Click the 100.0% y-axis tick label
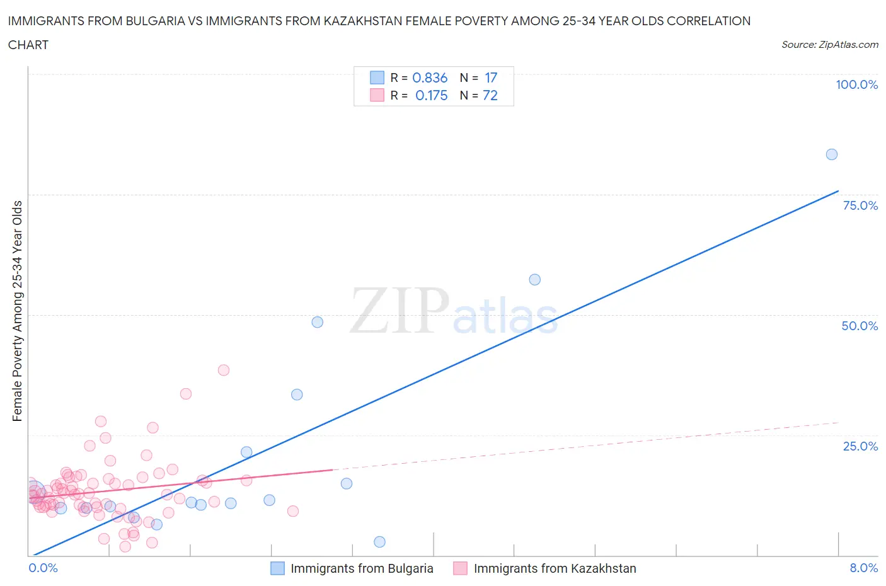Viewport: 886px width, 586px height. (x=856, y=84)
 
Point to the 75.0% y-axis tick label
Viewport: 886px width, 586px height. (x=860, y=205)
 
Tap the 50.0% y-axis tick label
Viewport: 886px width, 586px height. (x=860, y=326)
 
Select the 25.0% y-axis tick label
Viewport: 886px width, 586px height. (x=860, y=446)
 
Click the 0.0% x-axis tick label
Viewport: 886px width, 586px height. (x=43, y=568)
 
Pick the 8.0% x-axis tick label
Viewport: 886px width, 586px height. (x=863, y=568)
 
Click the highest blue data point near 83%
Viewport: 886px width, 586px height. (x=832, y=154)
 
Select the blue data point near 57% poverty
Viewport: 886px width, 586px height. (x=535, y=280)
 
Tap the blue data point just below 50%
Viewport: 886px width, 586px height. (x=318, y=322)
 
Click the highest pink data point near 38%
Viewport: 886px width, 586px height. (x=224, y=370)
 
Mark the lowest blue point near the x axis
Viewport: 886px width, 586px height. (x=379, y=542)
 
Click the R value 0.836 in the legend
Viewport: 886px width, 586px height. (x=430, y=78)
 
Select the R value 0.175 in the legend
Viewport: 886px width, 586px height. (x=431, y=95)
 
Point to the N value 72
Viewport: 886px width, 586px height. (x=490, y=95)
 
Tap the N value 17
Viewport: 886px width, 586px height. (x=491, y=78)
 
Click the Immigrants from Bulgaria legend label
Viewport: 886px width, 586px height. (x=362, y=568)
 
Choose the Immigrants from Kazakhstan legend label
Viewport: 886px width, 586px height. (x=555, y=568)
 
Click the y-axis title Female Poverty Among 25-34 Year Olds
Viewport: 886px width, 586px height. (x=18, y=311)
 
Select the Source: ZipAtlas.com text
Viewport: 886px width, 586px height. (x=830, y=45)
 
